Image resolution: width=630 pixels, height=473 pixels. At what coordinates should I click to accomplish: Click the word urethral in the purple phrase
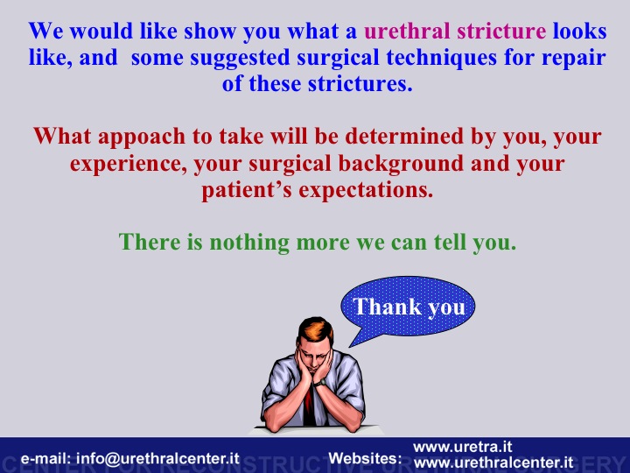pyautogui.click(x=407, y=32)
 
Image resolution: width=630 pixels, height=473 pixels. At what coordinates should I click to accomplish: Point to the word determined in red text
pyautogui.click(x=404, y=136)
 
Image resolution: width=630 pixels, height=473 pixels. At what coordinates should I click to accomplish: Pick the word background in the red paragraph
pyautogui.click(x=401, y=164)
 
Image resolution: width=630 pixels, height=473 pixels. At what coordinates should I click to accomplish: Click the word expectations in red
pyautogui.click(x=366, y=191)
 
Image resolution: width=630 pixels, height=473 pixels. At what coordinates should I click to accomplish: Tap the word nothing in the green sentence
pyautogui.click(x=249, y=243)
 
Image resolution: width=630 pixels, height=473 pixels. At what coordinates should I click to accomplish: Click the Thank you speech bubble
pyautogui.click(x=409, y=307)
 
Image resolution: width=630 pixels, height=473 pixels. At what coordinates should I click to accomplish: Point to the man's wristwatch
pyautogui.click(x=319, y=383)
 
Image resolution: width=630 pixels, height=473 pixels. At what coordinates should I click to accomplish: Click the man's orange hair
pyautogui.click(x=315, y=330)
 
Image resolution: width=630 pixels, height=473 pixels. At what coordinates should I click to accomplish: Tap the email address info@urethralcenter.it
pyautogui.click(x=157, y=458)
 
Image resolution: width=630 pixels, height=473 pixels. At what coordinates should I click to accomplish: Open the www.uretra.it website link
pyautogui.click(x=463, y=447)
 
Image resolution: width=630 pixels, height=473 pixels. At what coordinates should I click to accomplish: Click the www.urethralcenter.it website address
pyautogui.click(x=493, y=462)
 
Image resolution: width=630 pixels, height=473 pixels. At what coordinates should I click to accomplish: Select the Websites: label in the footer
pyautogui.click(x=365, y=458)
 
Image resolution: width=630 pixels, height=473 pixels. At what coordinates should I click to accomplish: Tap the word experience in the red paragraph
pyautogui.click(x=129, y=165)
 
